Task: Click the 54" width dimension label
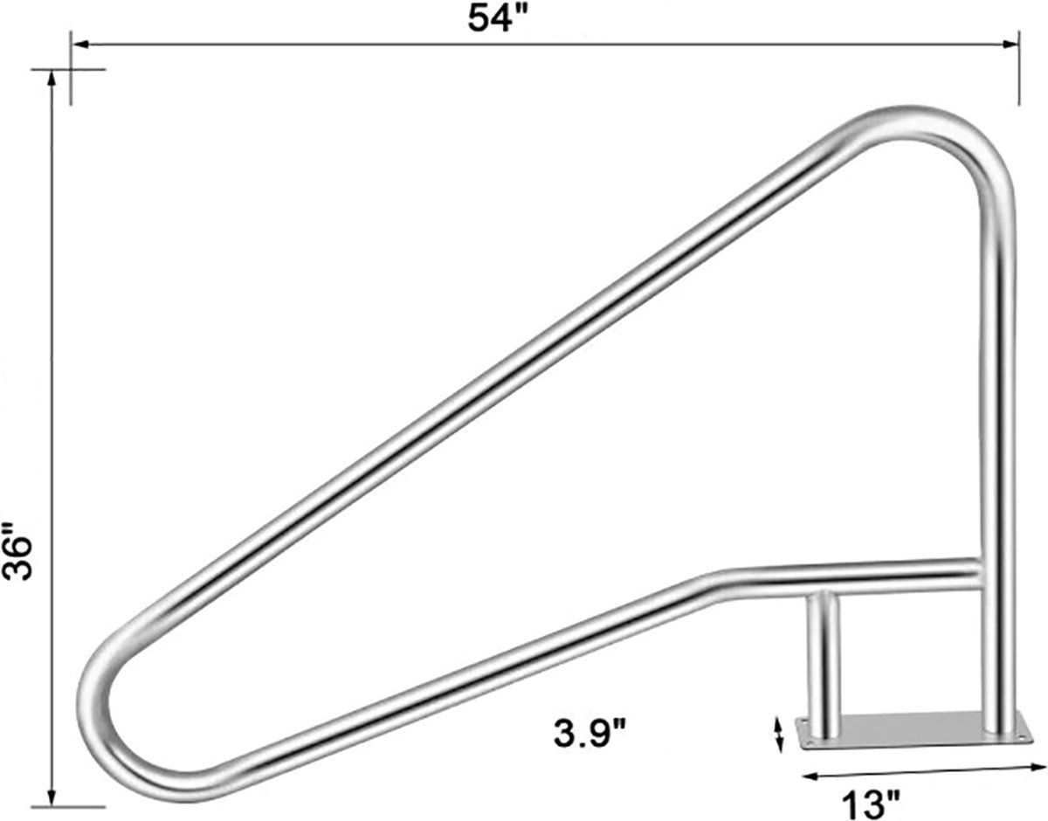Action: (x=496, y=19)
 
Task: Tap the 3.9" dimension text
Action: (x=589, y=735)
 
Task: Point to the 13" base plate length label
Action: (x=871, y=805)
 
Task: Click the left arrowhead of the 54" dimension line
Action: (x=80, y=45)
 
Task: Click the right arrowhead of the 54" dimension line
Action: (x=1010, y=45)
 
